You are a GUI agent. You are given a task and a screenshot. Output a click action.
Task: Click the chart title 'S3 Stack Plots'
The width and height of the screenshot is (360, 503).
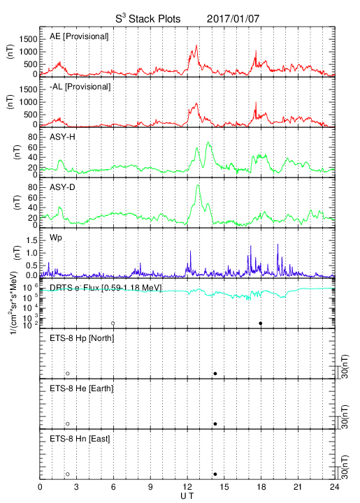(148, 18)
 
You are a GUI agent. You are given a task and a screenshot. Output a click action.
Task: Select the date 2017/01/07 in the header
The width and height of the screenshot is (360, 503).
(233, 19)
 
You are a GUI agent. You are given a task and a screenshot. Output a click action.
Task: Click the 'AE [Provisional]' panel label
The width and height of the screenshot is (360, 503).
(79, 36)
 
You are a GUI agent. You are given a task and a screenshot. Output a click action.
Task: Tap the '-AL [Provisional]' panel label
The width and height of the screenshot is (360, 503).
(80, 87)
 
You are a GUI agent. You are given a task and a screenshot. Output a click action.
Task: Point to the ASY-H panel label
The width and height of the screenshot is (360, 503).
(62, 137)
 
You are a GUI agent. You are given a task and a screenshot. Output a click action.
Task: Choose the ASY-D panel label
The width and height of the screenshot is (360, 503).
(62, 187)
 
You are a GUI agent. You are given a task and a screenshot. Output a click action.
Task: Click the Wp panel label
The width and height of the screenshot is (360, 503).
(55, 238)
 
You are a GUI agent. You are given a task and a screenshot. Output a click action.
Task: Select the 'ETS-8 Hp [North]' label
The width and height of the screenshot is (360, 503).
(82, 338)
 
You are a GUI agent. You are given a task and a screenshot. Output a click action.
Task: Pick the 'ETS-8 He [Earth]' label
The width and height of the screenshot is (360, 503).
(82, 388)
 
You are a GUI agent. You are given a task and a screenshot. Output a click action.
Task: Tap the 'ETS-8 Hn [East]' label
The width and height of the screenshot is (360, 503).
(80, 439)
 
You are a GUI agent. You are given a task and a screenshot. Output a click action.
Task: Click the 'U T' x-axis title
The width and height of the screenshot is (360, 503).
(187, 496)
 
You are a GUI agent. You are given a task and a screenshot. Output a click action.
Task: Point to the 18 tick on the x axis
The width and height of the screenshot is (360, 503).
(261, 487)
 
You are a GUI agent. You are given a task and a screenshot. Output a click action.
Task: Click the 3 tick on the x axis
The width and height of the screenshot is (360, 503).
(76, 487)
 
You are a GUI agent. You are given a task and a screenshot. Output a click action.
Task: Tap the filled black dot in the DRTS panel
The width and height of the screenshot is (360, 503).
(261, 323)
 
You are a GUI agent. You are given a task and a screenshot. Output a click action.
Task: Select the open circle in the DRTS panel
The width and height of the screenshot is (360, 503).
(113, 323)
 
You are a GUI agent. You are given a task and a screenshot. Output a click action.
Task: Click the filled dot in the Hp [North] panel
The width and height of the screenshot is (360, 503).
(215, 373)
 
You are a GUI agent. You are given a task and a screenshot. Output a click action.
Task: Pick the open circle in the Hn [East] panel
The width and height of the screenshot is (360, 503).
(68, 474)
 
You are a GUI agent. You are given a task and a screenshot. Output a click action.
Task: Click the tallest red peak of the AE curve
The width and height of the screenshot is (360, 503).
(196, 45)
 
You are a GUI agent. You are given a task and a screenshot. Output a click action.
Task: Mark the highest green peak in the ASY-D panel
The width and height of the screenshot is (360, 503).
(198, 185)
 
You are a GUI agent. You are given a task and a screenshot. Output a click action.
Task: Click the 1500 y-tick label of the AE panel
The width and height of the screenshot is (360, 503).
(28, 39)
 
